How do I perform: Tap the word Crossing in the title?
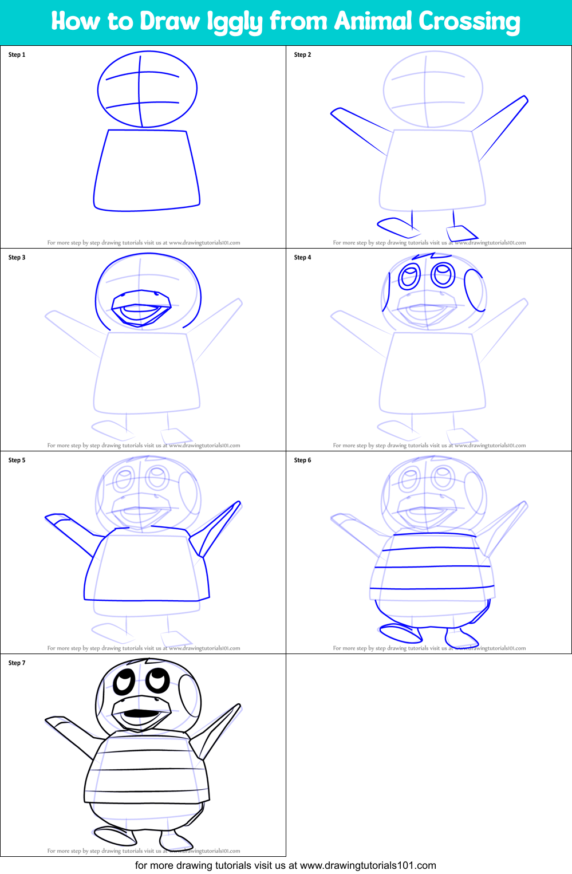pyautogui.click(x=469, y=22)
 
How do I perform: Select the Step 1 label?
pyautogui.click(x=17, y=55)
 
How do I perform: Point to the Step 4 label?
pyautogui.click(x=302, y=258)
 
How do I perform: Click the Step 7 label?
pyautogui.click(x=17, y=663)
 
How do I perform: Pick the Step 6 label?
pyautogui.click(x=302, y=460)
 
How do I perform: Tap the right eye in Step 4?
pyautogui.click(x=443, y=274)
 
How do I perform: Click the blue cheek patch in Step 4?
pyautogui.click(x=474, y=290)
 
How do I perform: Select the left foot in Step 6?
pyautogui.click(x=400, y=633)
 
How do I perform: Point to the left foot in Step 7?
pyautogui.click(x=115, y=836)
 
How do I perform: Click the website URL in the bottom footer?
pyautogui.click(x=368, y=865)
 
